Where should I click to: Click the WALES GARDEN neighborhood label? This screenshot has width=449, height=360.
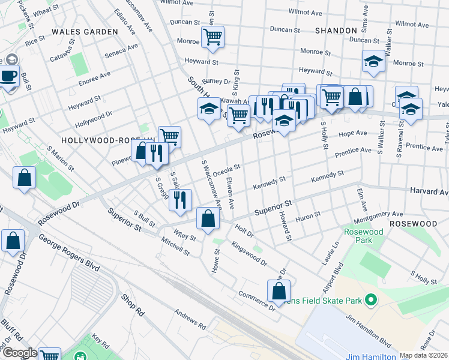point(85,31)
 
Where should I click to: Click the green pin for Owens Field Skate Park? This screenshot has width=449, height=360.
point(371,298)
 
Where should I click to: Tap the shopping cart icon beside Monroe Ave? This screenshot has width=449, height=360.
point(212,37)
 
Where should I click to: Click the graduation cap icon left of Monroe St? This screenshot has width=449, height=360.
point(373,61)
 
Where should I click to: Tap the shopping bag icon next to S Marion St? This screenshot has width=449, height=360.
point(24,178)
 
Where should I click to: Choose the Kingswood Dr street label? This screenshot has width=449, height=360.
point(249,253)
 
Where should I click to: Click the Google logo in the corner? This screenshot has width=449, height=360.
point(20,353)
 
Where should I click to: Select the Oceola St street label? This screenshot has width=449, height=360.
point(226,171)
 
